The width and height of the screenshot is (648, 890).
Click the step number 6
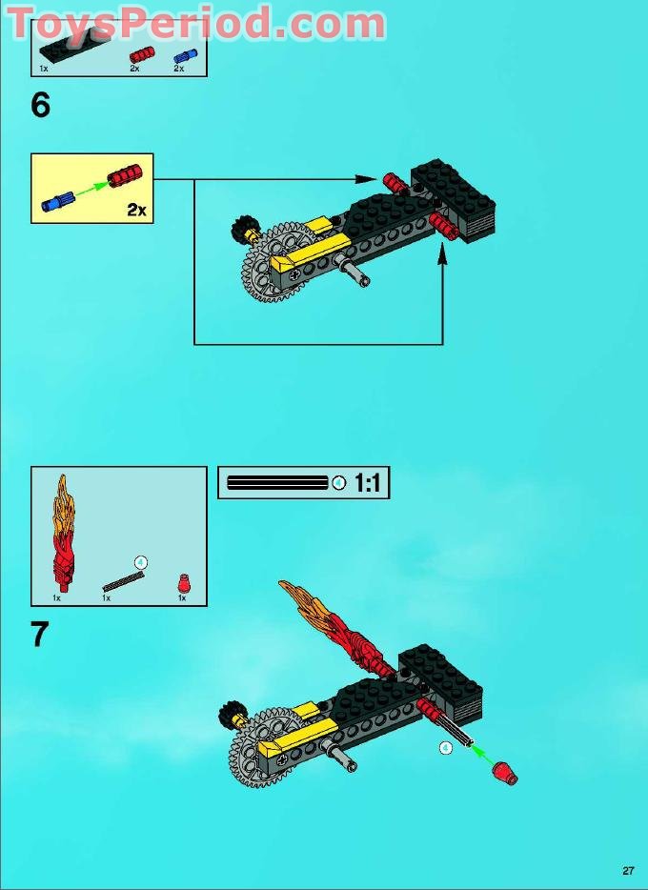coord(40,105)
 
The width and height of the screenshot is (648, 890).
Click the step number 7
coord(40,635)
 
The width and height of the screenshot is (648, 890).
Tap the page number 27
coord(628,870)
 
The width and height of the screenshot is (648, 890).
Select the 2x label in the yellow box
coord(137,210)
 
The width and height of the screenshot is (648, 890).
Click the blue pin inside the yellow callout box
coord(58,200)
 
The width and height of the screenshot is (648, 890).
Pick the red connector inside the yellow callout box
coord(124,176)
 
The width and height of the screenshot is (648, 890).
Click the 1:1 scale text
coord(367,483)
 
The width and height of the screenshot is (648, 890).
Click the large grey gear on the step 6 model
coord(269,262)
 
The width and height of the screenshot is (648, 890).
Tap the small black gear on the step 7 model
coord(231,714)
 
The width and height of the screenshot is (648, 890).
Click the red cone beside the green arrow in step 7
coord(505,770)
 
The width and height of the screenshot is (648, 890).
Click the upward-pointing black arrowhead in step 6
coord(443,253)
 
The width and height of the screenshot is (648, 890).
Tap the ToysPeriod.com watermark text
coord(195,21)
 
